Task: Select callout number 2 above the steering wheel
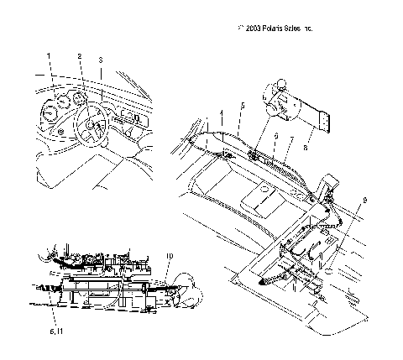[80, 57]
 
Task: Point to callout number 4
[222, 112]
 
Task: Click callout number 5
[242, 106]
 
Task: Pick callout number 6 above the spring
[275, 134]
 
